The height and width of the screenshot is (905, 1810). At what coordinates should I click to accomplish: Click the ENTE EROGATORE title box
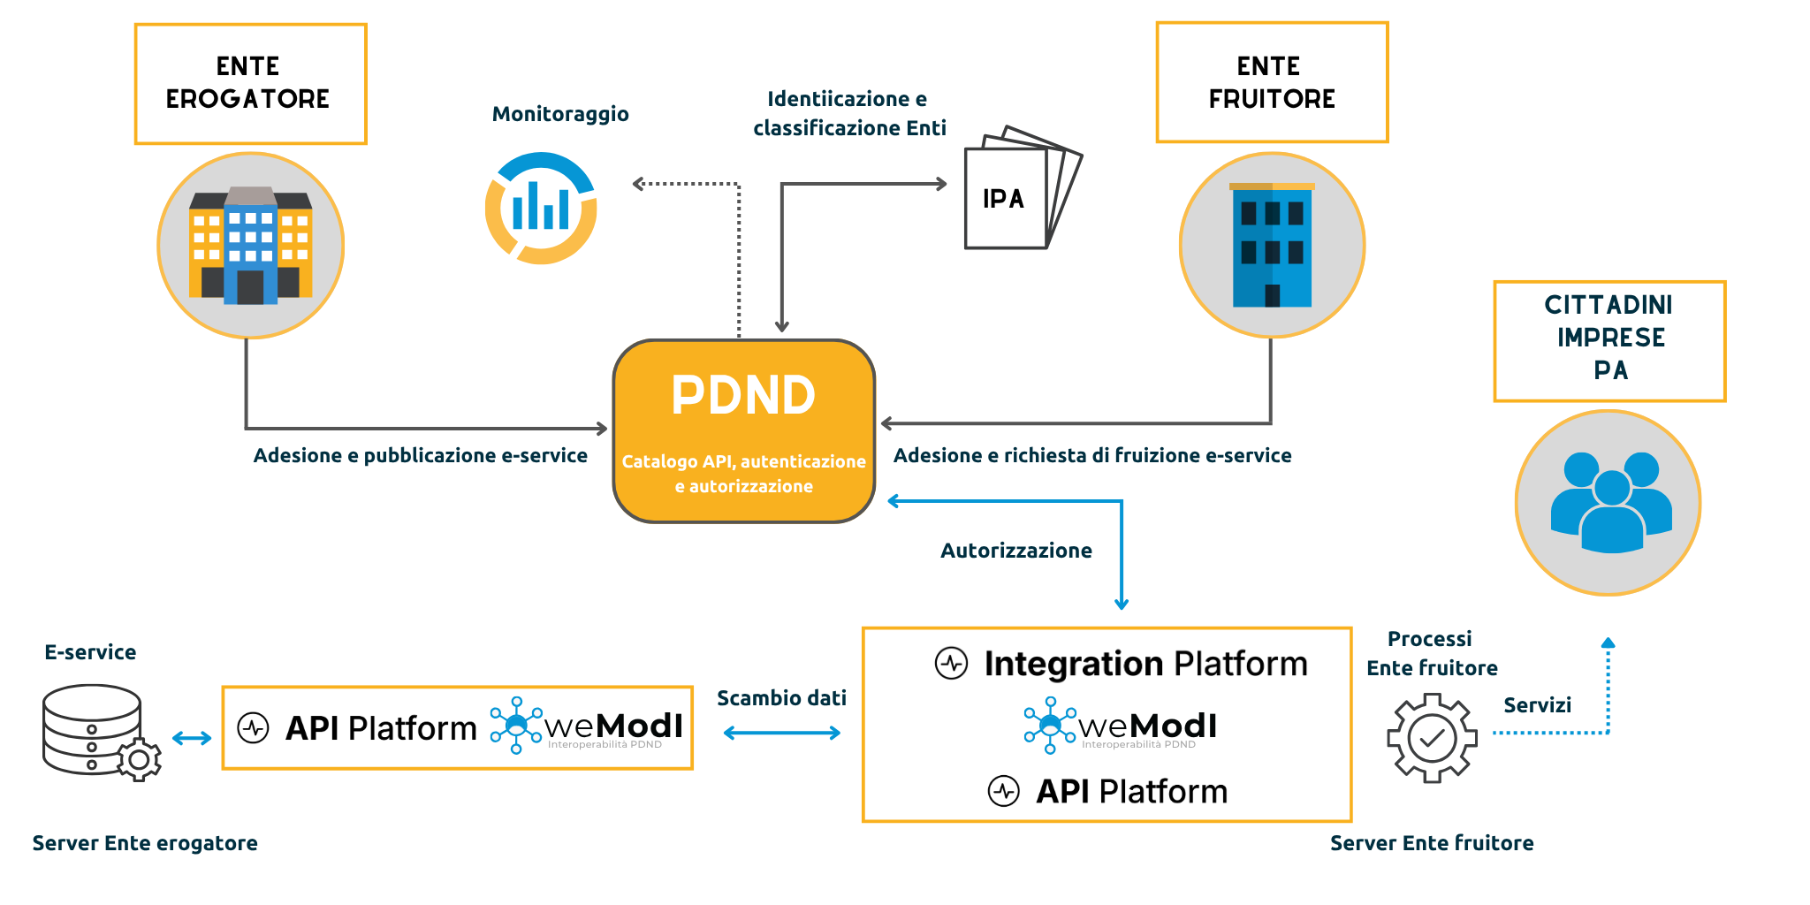coord(250,83)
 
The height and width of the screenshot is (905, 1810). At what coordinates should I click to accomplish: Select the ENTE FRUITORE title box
coord(1272,82)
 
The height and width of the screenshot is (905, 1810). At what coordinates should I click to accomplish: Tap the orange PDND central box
coord(743,430)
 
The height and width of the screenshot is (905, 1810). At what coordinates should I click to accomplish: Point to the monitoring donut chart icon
coord(541,209)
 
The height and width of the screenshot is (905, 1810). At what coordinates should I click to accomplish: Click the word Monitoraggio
coord(560,114)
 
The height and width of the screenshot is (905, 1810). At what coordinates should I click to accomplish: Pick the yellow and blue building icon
coord(251,246)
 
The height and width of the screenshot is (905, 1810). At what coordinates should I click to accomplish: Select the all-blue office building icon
coord(1272,245)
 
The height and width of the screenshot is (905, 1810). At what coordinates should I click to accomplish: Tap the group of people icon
coord(1608,503)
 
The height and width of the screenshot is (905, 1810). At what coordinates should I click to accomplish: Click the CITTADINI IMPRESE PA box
coord(1609,341)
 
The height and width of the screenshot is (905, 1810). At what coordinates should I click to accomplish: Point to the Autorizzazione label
coord(1015,551)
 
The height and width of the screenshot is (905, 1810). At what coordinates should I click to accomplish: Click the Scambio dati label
coord(781,698)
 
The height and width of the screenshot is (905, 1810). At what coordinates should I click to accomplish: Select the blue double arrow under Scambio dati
coord(781,733)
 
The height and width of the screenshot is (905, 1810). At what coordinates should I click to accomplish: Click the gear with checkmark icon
coord(1432,738)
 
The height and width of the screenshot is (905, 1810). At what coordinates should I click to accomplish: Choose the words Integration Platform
coord(1145,664)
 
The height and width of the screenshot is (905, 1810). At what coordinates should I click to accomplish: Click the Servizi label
coord(1537,705)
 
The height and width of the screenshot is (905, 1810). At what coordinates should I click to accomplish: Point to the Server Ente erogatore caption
coord(145,843)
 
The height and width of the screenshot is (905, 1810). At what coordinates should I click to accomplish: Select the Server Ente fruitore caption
coord(1432,843)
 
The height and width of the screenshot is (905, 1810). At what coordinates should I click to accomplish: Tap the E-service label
coord(90,652)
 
